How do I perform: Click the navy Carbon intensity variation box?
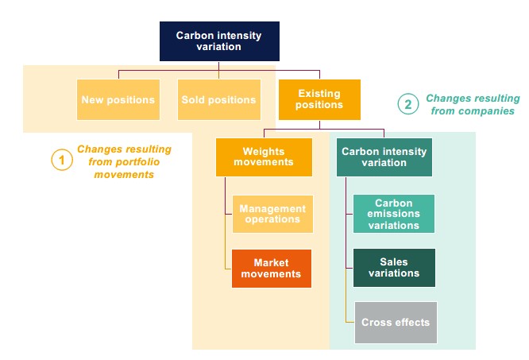click(219, 41)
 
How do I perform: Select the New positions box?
click(118, 99)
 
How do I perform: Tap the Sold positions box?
click(219, 99)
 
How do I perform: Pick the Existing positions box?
click(319, 99)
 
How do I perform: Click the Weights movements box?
click(264, 157)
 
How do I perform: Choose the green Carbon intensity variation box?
click(384, 157)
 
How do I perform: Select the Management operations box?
click(272, 214)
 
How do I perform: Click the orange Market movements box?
click(272, 269)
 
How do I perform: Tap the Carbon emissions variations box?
click(394, 214)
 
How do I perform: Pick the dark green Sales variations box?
click(394, 268)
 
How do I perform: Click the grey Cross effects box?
click(396, 323)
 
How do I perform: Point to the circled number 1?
click(62, 160)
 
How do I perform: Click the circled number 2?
click(408, 104)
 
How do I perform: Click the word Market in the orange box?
click(271, 262)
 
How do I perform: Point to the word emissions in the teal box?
click(394, 214)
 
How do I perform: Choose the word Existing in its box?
click(319, 94)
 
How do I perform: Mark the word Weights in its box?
click(264, 152)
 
